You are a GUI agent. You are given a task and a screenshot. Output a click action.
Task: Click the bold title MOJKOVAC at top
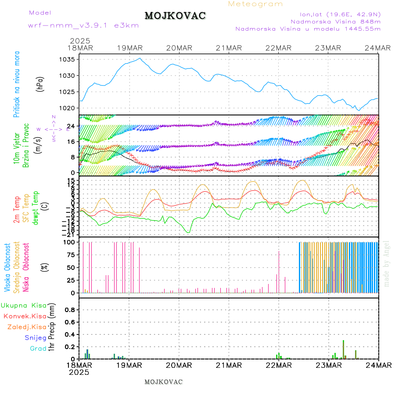click(x=175, y=16)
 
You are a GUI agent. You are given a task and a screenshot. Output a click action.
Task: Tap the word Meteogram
click(x=256, y=4)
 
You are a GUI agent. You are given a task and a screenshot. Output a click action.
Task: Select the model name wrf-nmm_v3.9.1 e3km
click(x=83, y=25)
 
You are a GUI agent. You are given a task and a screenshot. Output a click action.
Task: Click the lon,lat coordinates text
click(x=340, y=14)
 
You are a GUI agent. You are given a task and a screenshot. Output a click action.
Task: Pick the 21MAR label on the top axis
click(x=229, y=48)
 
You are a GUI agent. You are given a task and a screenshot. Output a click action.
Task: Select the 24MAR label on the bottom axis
click(x=378, y=365)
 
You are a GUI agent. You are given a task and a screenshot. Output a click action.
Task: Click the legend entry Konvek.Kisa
click(x=25, y=316)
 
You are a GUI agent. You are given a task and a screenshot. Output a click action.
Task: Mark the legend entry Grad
click(x=38, y=348)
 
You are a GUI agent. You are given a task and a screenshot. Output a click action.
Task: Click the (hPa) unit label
click(x=40, y=84)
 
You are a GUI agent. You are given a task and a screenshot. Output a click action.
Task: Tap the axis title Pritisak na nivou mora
click(x=17, y=84)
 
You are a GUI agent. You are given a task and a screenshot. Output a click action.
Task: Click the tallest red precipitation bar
click(x=343, y=349)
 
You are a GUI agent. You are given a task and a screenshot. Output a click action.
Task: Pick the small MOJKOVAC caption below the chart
click(x=163, y=382)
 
